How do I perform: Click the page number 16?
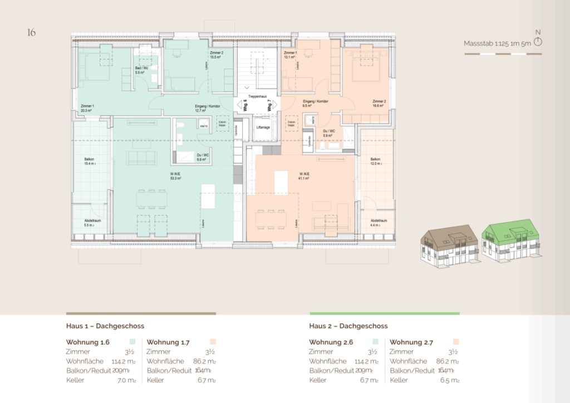[x=31, y=32]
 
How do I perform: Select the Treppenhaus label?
[x=257, y=96]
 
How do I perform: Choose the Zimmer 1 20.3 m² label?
[x=87, y=108]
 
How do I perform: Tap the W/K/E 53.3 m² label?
[x=176, y=176]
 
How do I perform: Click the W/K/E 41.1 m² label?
[x=303, y=176]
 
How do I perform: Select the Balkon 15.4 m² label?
[x=90, y=161]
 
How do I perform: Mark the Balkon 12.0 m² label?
[x=376, y=161]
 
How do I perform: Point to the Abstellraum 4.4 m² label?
[x=377, y=223]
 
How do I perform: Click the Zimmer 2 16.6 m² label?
[x=379, y=104]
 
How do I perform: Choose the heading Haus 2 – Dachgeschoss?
[x=348, y=326]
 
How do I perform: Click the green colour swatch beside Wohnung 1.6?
[x=132, y=342]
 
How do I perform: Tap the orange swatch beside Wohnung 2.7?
[x=456, y=342]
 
